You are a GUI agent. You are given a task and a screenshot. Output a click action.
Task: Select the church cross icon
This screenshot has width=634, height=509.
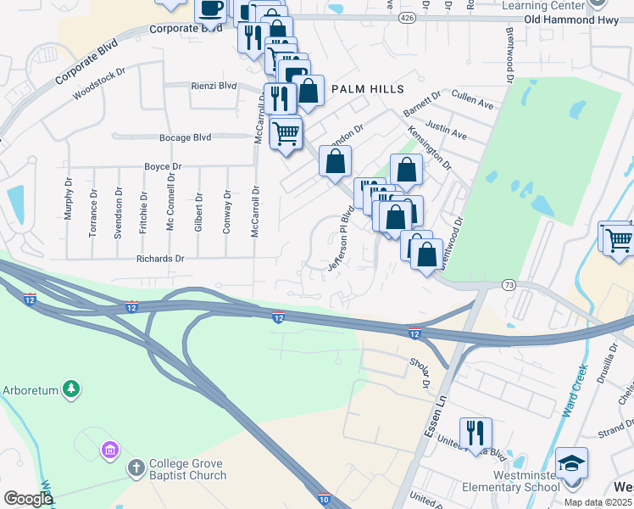point(136,468)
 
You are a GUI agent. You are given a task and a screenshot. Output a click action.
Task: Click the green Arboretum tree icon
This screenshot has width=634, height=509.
point(73,389)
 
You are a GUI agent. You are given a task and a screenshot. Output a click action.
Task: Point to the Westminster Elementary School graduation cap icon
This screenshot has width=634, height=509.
point(571,463)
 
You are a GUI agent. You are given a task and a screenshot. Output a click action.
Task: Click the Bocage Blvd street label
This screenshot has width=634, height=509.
point(185,137)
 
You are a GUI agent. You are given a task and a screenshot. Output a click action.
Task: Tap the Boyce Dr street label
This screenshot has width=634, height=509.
point(163,167)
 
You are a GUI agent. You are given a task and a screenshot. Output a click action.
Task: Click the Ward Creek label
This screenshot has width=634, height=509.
point(572,393)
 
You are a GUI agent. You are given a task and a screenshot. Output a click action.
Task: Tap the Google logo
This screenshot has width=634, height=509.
point(28,499)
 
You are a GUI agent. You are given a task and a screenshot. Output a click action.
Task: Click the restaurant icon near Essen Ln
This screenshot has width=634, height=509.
point(475,432)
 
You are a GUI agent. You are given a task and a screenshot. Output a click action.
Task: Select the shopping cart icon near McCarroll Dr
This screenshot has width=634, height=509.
point(286,131)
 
